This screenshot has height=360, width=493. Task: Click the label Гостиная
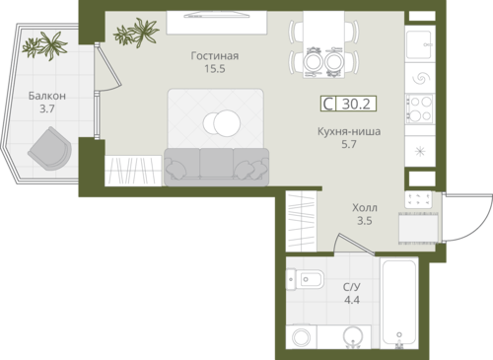click(215, 56)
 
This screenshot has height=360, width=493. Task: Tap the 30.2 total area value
click(356, 104)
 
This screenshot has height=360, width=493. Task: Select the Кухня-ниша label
click(349, 131)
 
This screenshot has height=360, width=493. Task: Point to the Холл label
click(365, 208)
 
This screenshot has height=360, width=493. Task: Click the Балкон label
click(47, 96)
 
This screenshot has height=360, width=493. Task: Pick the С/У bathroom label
click(352, 287)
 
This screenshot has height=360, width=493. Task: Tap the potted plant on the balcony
click(45, 45)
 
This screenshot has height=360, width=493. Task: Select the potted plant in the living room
click(136, 32)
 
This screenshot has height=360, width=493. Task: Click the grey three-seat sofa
click(217, 167)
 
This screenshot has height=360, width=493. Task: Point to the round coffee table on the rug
click(222, 123)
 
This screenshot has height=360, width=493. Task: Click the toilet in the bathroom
click(305, 279)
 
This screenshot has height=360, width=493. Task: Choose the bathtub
click(399, 305)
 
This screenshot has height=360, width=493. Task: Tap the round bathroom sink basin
click(353, 335)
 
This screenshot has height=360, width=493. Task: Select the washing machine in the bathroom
click(302, 337)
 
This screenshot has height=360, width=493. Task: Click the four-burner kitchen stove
click(419, 108)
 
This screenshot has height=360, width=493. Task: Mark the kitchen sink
click(419, 44)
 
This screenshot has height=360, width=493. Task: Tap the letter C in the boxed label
click(328, 104)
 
